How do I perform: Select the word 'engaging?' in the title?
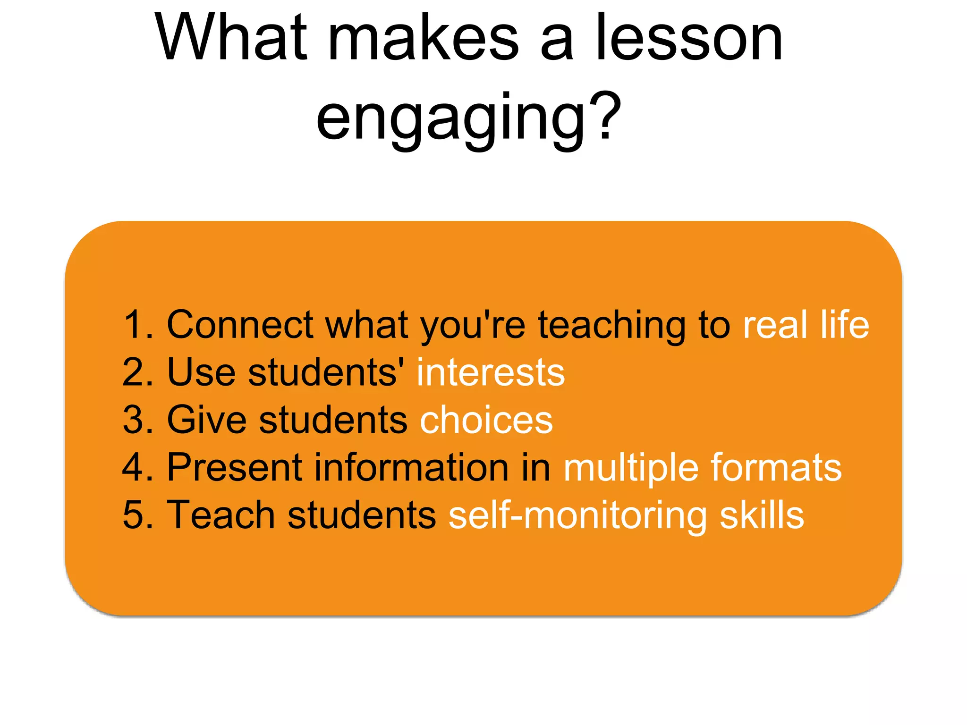(468, 118)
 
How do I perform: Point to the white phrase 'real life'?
(806, 325)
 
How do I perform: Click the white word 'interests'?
(491, 372)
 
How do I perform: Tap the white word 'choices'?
(486, 420)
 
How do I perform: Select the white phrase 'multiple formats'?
(703, 467)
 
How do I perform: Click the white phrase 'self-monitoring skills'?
(626, 515)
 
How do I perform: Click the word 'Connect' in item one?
(240, 325)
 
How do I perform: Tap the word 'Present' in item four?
(235, 467)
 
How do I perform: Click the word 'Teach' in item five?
(221, 515)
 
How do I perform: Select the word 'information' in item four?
(412, 467)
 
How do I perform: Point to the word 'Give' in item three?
(207, 420)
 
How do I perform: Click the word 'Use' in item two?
(201, 372)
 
